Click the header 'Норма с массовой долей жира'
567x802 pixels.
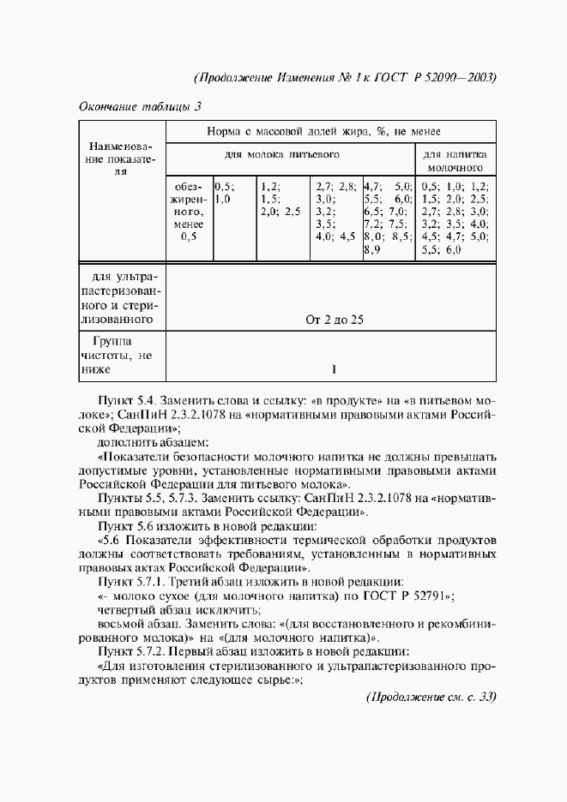tap(323, 132)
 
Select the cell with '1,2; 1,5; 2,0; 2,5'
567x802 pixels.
tap(280, 198)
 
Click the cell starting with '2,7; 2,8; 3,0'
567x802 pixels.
tap(335, 211)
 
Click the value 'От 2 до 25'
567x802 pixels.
tap(335, 320)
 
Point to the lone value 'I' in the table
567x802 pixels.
tap(334, 370)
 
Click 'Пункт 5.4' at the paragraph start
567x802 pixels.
tap(128, 399)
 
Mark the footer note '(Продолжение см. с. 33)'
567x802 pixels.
tap(431, 696)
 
